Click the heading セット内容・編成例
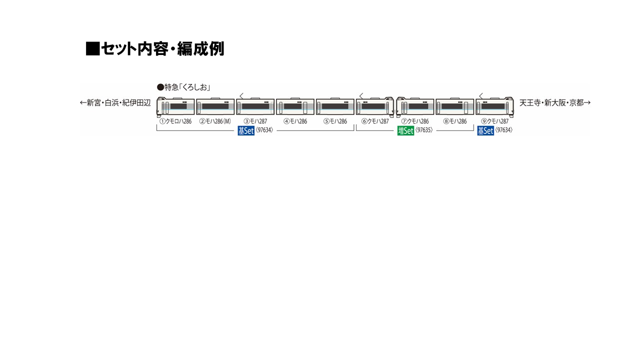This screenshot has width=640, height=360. point(162,48)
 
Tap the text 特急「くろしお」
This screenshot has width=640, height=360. point(187,87)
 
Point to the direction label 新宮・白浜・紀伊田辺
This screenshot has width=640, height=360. point(118,103)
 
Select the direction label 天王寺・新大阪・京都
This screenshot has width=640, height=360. point(551,103)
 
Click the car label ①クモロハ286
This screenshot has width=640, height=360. point(175,121)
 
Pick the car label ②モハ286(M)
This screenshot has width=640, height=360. point(215,121)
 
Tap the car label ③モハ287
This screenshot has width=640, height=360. point(255,121)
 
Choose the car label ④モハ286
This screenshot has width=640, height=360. point(295,121)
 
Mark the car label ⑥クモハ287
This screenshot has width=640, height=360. point(375,121)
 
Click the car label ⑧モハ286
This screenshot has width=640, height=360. point(455,121)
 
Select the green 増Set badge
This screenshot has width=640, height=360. point(405,131)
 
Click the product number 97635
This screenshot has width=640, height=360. point(423,130)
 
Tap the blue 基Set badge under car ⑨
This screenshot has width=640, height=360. point(485,131)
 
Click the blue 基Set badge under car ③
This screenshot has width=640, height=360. point(246,131)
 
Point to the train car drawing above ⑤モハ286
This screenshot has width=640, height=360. point(335,106)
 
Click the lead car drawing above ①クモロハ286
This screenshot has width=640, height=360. point(175,107)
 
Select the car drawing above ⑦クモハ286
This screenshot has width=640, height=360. point(415,107)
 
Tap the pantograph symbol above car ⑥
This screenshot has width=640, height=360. point(361,95)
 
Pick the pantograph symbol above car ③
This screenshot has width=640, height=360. point(241,95)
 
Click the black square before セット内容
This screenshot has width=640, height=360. point(92,48)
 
